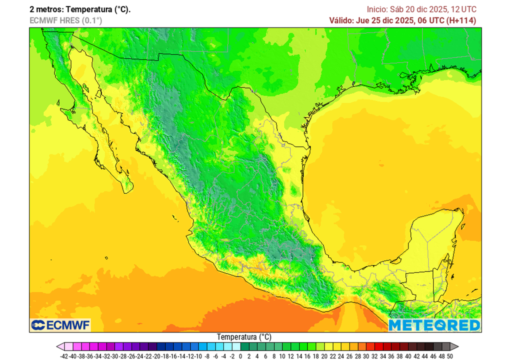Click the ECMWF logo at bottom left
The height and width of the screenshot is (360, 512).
60,325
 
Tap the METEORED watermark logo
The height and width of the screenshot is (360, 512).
434,325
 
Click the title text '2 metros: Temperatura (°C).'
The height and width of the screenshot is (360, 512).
80,9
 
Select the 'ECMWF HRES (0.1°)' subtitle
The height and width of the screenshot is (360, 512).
65,20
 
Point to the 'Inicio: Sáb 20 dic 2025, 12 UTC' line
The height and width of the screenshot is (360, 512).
421,9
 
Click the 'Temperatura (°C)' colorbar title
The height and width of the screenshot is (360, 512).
244,337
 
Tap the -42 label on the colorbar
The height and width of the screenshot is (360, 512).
63,356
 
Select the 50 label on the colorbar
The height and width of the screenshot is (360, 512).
449,356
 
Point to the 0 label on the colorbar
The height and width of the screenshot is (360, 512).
240,356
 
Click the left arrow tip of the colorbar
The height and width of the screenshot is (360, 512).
59,346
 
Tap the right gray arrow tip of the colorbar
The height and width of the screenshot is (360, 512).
455,346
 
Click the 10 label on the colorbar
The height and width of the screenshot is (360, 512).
282,356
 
